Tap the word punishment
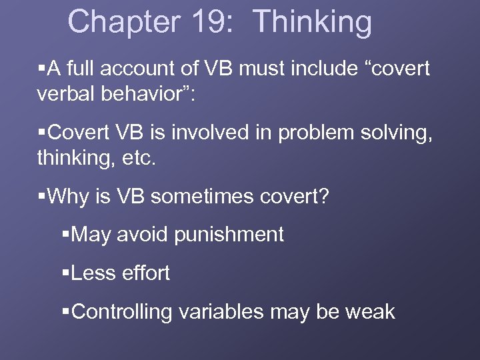[x=231, y=235]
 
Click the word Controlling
[x=121, y=312]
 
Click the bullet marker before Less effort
[x=65, y=273]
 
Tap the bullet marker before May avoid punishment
[x=65, y=235]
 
